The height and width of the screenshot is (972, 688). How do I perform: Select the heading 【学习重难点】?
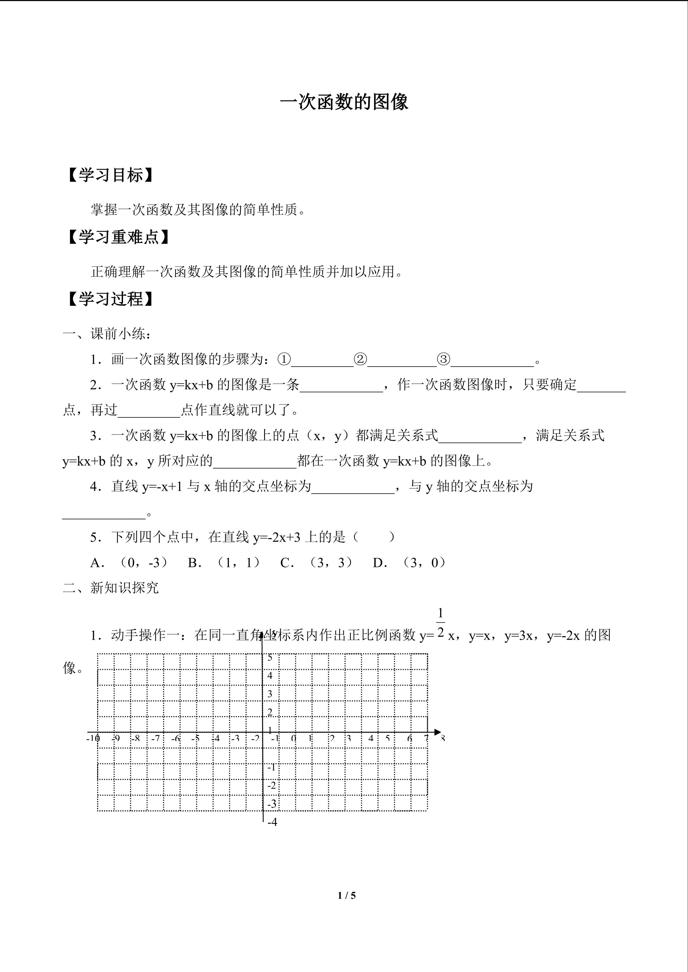(x=118, y=237)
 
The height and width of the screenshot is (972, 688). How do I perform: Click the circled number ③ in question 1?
(x=443, y=360)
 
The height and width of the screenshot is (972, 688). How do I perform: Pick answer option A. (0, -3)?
(x=129, y=563)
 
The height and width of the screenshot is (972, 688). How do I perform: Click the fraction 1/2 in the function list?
(x=441, y=623)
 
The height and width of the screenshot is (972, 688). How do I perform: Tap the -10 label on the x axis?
(x=93, y=739)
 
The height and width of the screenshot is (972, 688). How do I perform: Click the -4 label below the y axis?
(x=272, y=822)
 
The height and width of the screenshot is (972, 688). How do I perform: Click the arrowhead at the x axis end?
(x=438, y=732)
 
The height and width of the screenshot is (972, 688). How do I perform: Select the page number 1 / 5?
(x=346, y=895)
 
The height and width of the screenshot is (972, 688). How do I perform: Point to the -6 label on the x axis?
(x=175, y=739)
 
